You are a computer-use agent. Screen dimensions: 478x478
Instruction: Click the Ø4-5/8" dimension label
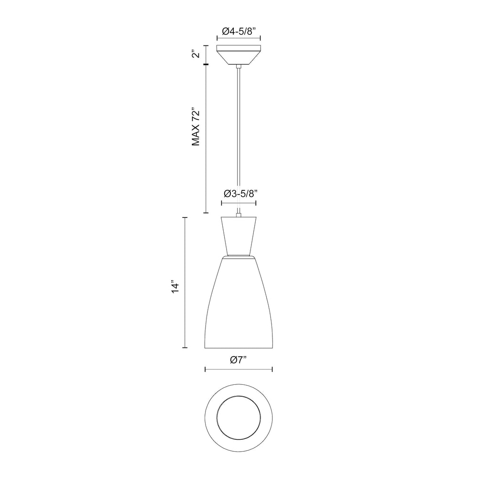pyautogui.click(x=239, y=31)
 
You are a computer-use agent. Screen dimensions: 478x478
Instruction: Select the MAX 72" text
pyautogui.click(x=196, y=127)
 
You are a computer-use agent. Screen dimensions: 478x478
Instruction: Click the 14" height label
pyautogui.click(x=175, y=286)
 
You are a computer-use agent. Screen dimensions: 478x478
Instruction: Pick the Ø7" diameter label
pyautogui.click(x=238, y=360)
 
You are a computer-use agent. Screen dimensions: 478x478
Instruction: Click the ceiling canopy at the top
pyautogui.click(x=239, y=55)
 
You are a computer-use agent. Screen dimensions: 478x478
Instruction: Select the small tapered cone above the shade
pyautogui.click(x=239, y=236)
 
